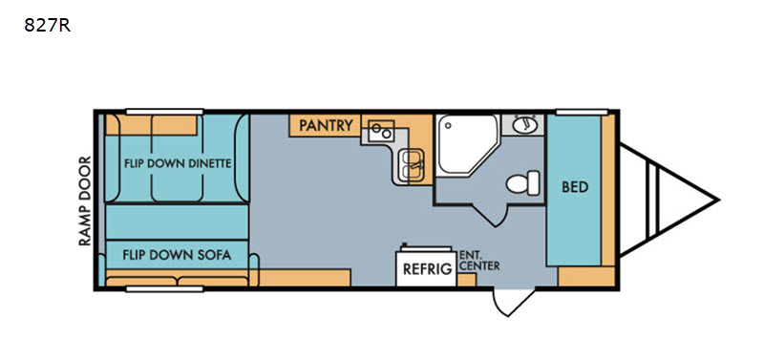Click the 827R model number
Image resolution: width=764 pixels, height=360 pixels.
47,26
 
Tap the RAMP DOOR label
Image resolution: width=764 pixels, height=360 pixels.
86,201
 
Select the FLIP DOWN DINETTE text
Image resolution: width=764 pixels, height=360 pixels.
178,163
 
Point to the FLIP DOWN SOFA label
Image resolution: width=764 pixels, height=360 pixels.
177,255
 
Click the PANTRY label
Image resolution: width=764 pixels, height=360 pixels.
326,125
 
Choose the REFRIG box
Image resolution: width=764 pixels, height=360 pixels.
425,267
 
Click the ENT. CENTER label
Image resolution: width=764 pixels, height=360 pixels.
479,261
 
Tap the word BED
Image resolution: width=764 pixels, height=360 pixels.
575,187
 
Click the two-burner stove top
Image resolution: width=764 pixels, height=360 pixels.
380,131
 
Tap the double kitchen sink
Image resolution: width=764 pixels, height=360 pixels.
412,164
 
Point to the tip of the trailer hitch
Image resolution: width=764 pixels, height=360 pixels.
718,200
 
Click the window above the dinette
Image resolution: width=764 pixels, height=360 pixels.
164,112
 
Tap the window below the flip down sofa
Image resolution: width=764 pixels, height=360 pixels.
164,289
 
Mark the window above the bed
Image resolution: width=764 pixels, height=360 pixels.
582,112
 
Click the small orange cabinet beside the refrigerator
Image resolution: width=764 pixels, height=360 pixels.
466,280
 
